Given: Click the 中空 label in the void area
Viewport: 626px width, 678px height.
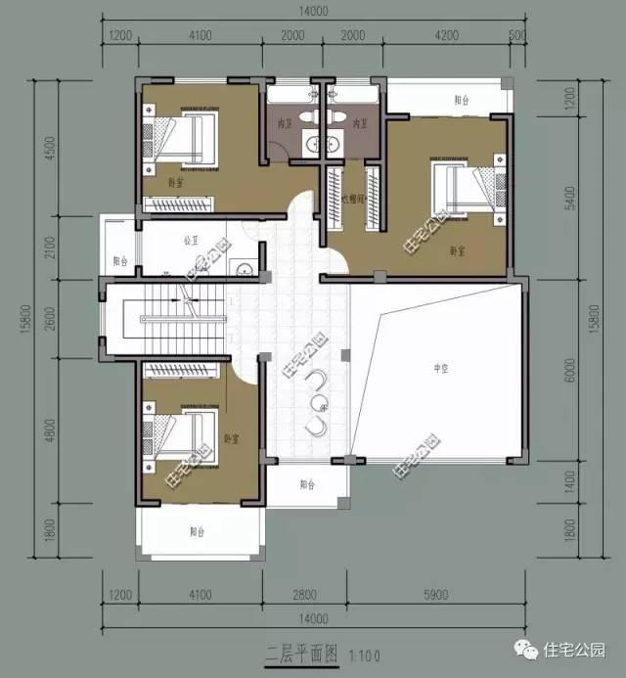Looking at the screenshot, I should tap(440, 368).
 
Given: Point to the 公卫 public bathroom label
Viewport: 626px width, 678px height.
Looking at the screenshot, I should tap(191, 239).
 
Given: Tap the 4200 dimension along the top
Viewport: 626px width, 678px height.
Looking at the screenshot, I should tap(445, 36).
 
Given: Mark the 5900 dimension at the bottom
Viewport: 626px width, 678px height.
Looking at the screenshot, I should tap(439, 593).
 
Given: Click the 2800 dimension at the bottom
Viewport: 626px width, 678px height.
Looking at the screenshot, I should tap(307, 593).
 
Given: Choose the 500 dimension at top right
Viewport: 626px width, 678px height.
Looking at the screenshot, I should tap(516, 36).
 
